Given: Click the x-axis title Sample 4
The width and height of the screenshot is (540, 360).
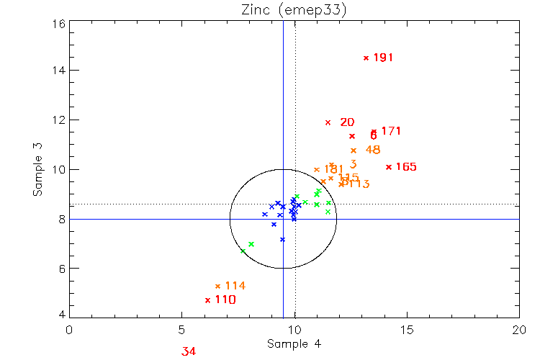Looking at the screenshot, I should (294, 344).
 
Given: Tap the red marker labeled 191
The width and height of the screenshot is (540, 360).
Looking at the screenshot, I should (366, 58).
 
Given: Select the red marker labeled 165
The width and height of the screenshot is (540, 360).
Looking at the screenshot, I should (389, 166).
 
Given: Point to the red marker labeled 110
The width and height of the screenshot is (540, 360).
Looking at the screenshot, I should (208, 300).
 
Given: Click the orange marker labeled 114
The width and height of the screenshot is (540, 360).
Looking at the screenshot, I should (217, 286).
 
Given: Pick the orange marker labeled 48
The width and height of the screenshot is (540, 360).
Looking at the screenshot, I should (354, 150).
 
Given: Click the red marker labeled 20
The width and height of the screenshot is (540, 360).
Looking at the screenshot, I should (328, 122).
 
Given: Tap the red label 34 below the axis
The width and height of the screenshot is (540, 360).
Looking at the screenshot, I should (189, 351).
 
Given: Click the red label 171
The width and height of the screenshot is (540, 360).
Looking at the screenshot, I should (391, 131).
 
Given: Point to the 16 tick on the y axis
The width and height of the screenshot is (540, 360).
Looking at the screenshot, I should (58, 22).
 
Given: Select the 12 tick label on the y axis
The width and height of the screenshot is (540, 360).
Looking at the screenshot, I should (58, 120).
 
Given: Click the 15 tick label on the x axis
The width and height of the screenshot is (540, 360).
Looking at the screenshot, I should (408, 330).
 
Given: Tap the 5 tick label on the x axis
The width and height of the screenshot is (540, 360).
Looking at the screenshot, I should (181, 330).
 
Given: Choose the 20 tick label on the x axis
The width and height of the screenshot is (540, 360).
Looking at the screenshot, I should (520, 330).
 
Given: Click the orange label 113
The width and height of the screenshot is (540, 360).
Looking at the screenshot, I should (358, 184).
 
